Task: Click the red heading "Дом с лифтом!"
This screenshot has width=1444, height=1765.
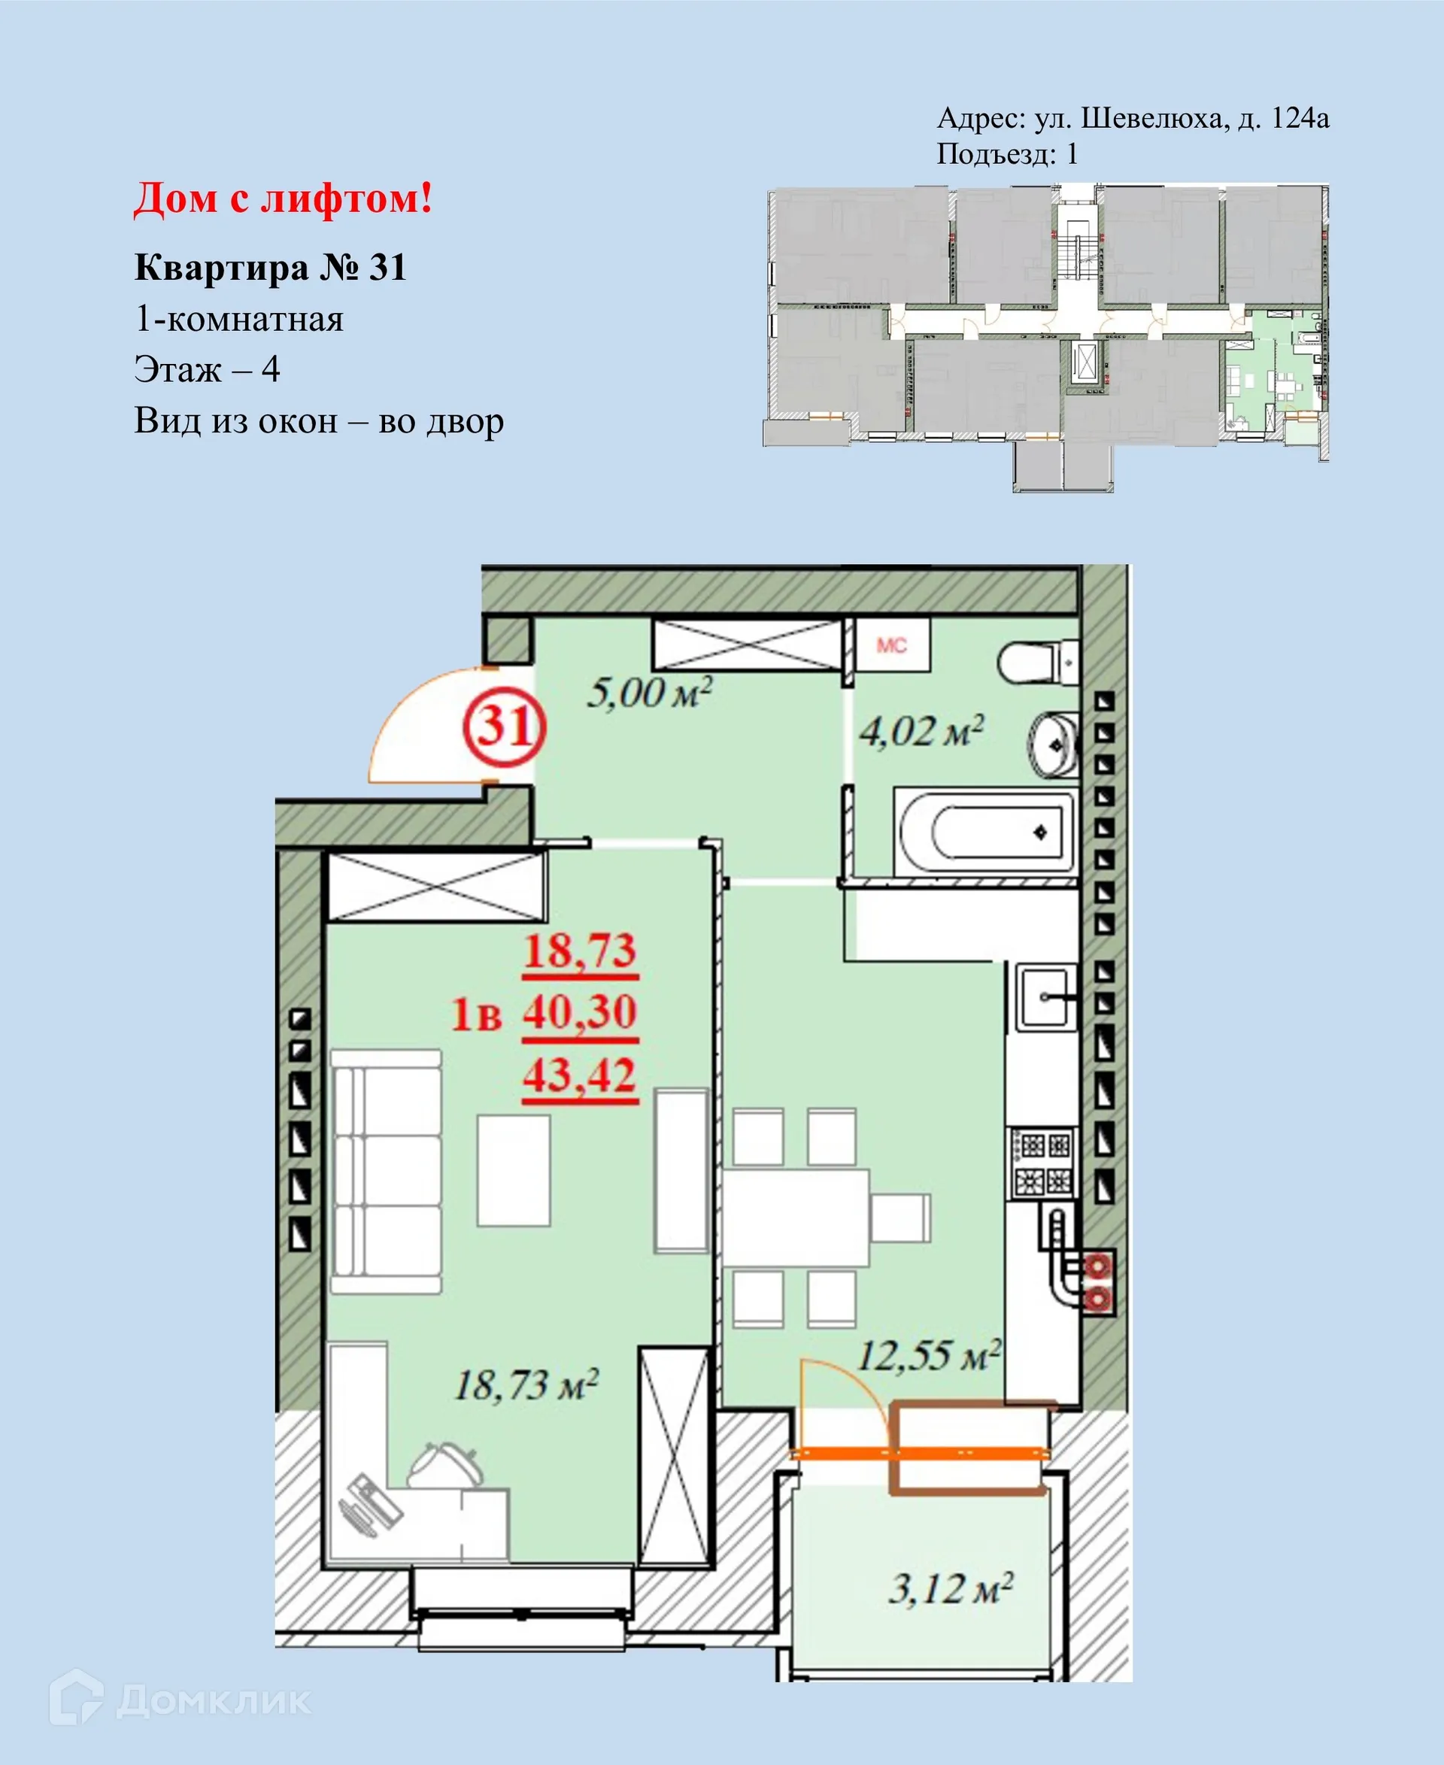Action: click(283, 199)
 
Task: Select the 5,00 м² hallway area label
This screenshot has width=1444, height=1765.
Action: click(650, 693)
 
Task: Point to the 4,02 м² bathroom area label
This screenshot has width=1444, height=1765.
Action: click(921, 732)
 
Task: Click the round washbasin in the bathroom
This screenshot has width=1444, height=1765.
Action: click(1052, 745)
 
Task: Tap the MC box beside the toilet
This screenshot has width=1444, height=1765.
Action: click(892, 645)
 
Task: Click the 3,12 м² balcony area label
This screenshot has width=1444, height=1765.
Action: click(951, 1590)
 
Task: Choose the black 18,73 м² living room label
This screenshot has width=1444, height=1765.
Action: click(526, 1386)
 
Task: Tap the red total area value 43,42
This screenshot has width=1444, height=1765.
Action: click(580, 1075)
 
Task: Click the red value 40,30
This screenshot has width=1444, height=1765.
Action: click(580, 1012)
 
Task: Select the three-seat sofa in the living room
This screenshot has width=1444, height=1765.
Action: click(387, 1171)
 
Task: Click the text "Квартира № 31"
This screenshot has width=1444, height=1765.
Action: click(270, 268)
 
